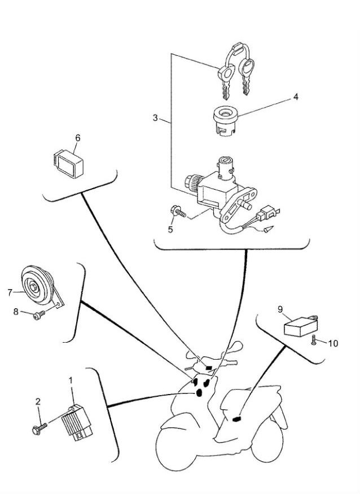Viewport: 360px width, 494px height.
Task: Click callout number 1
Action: tap(71, 381)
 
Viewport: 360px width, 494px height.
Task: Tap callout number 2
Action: tap(38, 401)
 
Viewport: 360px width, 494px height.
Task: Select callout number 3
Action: tap(155, 118)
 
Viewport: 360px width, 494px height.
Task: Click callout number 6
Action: tap(78, 138)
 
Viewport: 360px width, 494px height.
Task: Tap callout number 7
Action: tap(10, 292)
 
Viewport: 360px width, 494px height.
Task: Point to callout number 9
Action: tap(280, 309)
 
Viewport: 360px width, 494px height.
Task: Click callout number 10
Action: tap(333, 343)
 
